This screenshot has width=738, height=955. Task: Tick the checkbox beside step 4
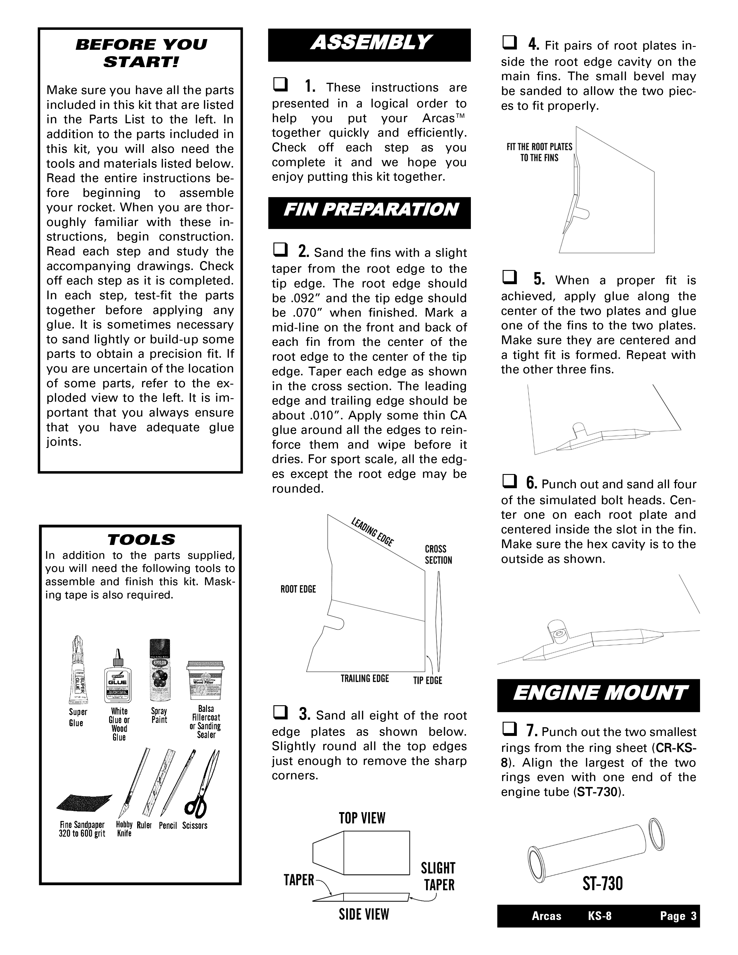509,43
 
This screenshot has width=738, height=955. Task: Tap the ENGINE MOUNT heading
599,695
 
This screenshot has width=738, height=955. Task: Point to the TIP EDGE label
427,680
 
